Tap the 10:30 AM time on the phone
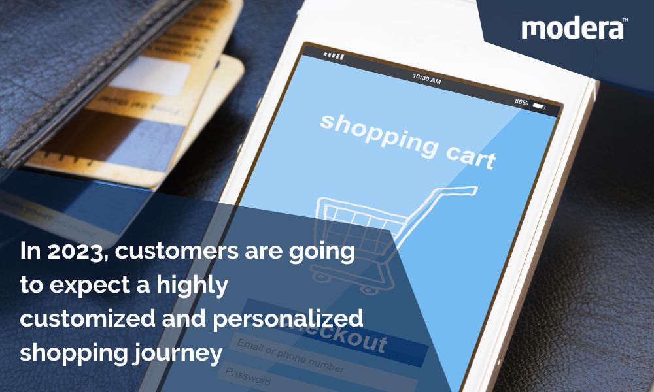tap(426, 79)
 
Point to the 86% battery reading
tap(521, 102)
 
